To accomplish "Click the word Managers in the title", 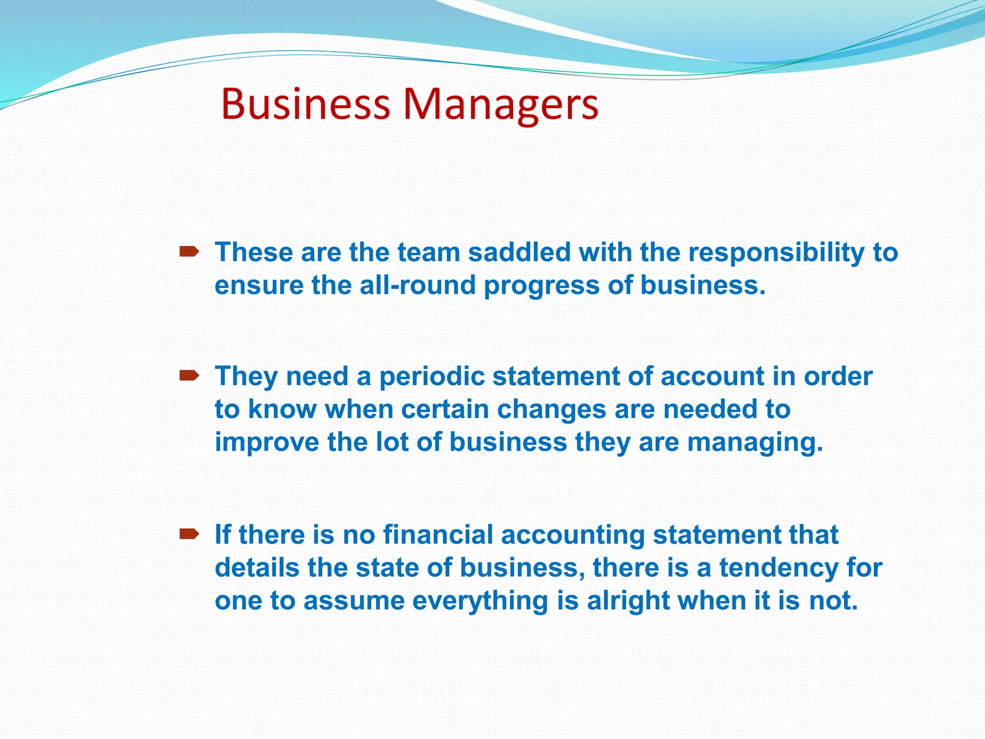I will pos(501,104).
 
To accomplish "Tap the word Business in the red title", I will pos(305,104).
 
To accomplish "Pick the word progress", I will pos(542,286).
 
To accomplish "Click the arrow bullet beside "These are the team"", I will pos(189,251).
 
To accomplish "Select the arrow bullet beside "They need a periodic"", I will pos(189,375).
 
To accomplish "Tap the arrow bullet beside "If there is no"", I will pos(189,534).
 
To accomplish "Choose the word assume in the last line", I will pos(354,601).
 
